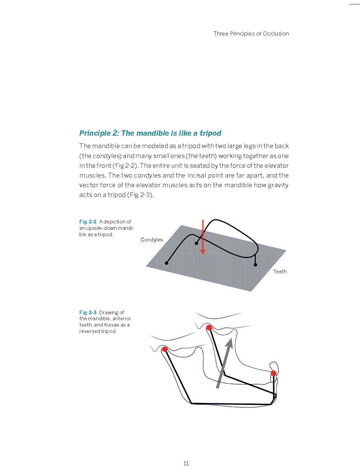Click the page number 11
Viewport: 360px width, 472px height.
[x=186, y=463]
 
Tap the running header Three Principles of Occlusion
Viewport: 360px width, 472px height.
[x=251, y=33]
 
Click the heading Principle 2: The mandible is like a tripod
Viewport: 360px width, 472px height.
[x=150, y=133]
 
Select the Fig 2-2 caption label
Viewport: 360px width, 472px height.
[x=88, y=221]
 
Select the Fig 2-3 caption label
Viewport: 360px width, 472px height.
[x=88, y=313]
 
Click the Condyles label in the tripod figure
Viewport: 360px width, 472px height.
[x=152, y=240]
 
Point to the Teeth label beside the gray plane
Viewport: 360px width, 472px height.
[x=280, y=271]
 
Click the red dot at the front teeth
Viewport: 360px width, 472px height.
[x=274, y=373]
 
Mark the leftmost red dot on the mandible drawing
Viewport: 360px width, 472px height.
[x=164, y=349]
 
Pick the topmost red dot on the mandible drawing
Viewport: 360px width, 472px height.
[x=209, y=328]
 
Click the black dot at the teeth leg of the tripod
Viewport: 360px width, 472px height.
[x=256, y=265]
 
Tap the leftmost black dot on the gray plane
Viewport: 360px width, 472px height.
[x=166, y=263]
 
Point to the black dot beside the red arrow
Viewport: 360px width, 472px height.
[x=197, y=243]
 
